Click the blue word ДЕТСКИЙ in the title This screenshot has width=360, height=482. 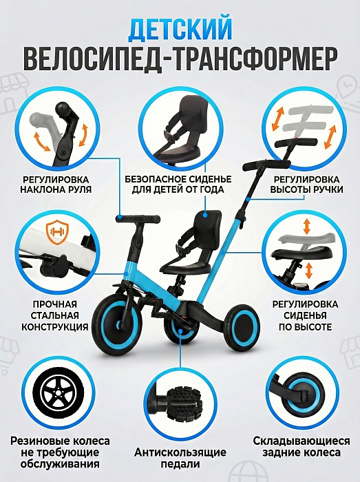180,30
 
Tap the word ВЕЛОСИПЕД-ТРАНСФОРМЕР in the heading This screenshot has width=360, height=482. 180,59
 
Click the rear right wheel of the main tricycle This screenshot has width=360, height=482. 242,326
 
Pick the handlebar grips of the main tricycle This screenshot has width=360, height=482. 138,219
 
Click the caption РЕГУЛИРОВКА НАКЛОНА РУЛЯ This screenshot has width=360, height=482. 56,184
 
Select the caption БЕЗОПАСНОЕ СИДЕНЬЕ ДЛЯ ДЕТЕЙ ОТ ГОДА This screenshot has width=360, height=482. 178,184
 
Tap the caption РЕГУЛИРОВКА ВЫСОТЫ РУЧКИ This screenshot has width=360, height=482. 306,184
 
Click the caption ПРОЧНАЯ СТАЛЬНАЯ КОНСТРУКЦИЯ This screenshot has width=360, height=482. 54,315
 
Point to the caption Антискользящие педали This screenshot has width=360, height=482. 180,458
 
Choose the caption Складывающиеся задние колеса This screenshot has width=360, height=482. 301,447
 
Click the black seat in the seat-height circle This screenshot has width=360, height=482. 301,253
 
